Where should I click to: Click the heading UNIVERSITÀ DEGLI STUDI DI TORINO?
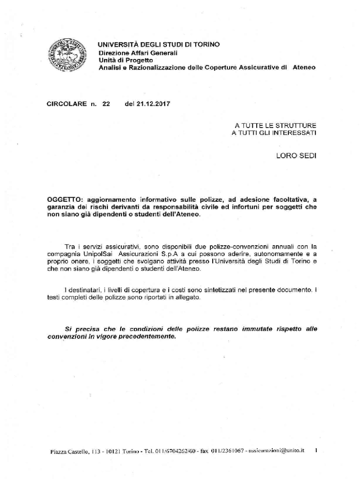coord(159,45)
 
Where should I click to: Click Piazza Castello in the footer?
coord(68,452)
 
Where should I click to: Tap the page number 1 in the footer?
coord(315,451)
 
